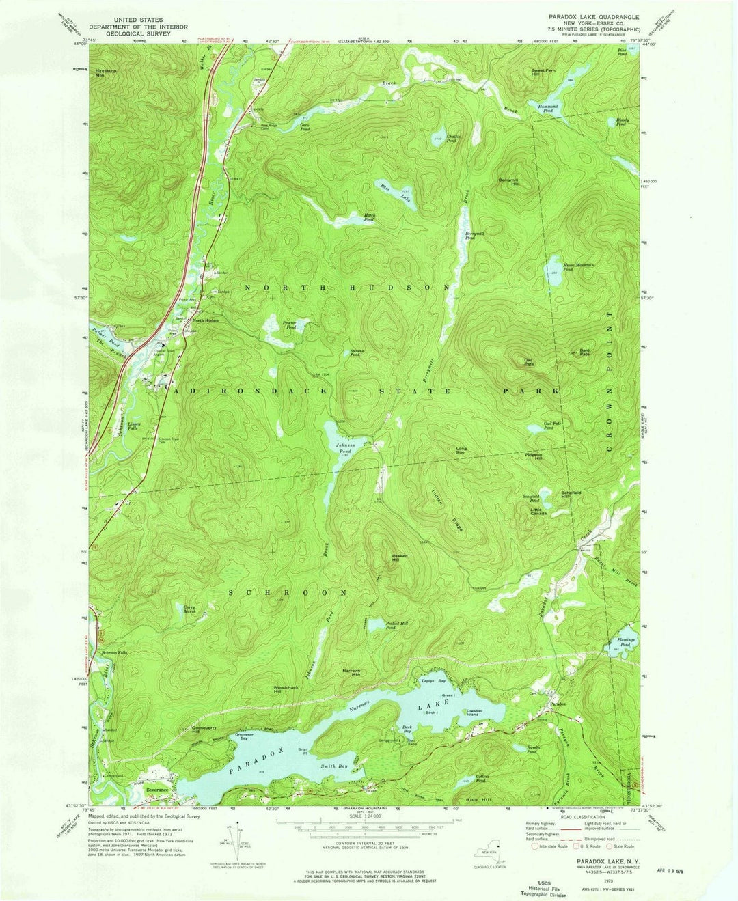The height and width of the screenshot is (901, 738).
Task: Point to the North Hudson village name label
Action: click(205, 321)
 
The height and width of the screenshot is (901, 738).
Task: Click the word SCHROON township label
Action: click(286, 592)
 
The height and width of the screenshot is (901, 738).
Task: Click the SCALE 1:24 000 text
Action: click(368, 816)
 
